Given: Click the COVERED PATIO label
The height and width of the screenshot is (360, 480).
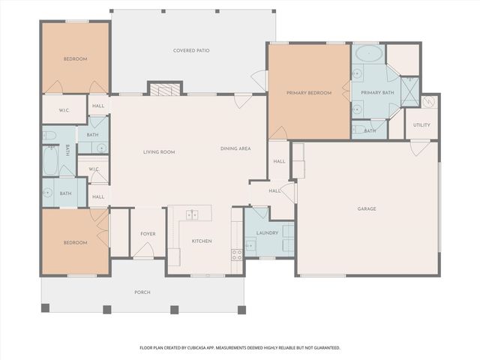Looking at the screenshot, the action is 191,50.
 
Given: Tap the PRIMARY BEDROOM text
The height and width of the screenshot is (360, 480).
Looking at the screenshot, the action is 309,93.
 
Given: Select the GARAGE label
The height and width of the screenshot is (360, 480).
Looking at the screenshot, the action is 367,208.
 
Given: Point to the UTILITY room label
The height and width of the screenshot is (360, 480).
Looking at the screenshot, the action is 421,125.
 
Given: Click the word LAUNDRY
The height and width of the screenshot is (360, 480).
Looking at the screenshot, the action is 267,233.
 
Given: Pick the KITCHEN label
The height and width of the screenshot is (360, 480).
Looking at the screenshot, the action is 202,241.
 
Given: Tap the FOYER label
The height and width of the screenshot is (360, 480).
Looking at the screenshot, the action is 148,234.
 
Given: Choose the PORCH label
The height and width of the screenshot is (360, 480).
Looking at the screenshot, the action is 142,292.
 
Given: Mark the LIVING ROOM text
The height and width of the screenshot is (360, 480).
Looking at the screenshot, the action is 159,152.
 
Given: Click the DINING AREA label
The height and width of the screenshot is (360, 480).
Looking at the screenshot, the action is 235,148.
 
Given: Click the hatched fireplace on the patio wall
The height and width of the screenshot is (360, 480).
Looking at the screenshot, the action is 165,89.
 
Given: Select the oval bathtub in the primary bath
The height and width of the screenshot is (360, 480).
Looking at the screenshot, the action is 369,53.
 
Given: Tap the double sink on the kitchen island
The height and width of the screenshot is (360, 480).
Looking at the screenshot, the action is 192,215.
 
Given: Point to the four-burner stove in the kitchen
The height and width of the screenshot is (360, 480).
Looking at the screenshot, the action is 237,255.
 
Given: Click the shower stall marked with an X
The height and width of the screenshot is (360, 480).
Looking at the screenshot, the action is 410,91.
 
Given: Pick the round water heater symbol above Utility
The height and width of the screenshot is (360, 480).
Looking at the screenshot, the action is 429,102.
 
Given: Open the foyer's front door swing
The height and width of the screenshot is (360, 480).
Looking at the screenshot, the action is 144,250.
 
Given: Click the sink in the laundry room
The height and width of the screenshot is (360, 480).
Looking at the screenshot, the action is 251,245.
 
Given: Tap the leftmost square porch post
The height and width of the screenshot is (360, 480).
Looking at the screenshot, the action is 45,308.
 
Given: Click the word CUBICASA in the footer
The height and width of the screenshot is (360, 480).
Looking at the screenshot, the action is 197,348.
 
